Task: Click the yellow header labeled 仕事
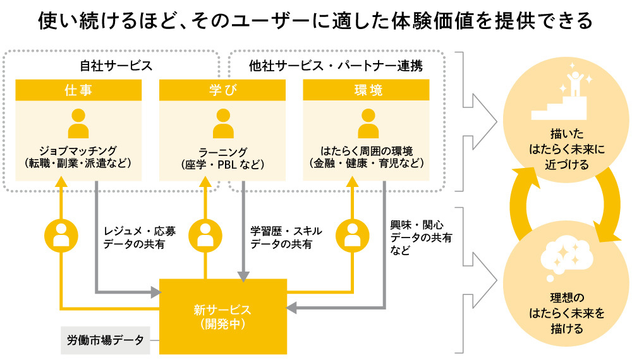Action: point(78,90)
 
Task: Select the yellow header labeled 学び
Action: point(222,90)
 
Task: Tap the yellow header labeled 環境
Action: point(367,90)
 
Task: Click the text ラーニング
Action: point(222,151)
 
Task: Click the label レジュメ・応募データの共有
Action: point(140,237)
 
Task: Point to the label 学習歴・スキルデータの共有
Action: point(286,237)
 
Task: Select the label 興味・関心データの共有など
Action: point(421,237)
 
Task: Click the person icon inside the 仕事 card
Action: point(78,123)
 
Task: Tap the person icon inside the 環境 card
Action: point(367,123)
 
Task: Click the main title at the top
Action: point(315,21)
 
